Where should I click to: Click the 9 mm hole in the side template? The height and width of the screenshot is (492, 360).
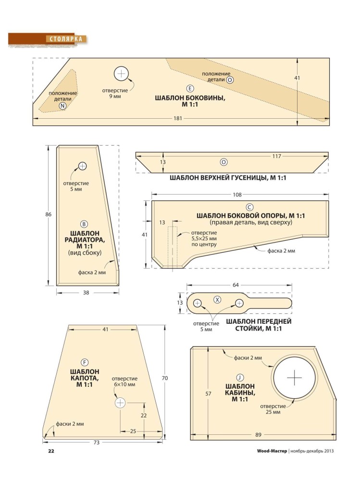point(121,74)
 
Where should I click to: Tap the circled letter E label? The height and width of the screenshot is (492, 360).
point(190,88)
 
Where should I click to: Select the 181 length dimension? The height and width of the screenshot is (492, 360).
point(178,119)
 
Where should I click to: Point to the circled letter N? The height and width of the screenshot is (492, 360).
point(62,106)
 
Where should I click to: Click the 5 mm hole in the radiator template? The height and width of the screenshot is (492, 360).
point(82,166)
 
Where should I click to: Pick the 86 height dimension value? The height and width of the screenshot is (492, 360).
point(48,215)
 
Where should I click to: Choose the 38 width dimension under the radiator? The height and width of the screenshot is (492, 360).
point(86,293)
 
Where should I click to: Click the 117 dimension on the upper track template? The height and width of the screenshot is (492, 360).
point(276,156)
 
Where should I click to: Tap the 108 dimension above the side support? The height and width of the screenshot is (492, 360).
point(237,195)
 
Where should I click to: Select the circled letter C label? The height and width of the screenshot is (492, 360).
point(249,207)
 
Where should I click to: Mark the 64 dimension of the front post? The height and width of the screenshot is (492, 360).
point(236,285)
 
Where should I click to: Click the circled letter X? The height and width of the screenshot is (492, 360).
point(217,300)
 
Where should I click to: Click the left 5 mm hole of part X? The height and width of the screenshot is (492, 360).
point(197,303)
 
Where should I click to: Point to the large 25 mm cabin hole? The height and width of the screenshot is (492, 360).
point(295,378)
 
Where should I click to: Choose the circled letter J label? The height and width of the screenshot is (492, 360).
point(240,378)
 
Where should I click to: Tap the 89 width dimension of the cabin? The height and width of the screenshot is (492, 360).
point(258,435)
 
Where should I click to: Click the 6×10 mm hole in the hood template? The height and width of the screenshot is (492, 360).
point(120,403)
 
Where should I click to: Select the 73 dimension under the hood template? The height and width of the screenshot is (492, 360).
point(96,443)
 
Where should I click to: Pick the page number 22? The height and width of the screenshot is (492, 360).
point(51,451)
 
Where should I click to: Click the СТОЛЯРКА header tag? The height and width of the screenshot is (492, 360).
point(66,39)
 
